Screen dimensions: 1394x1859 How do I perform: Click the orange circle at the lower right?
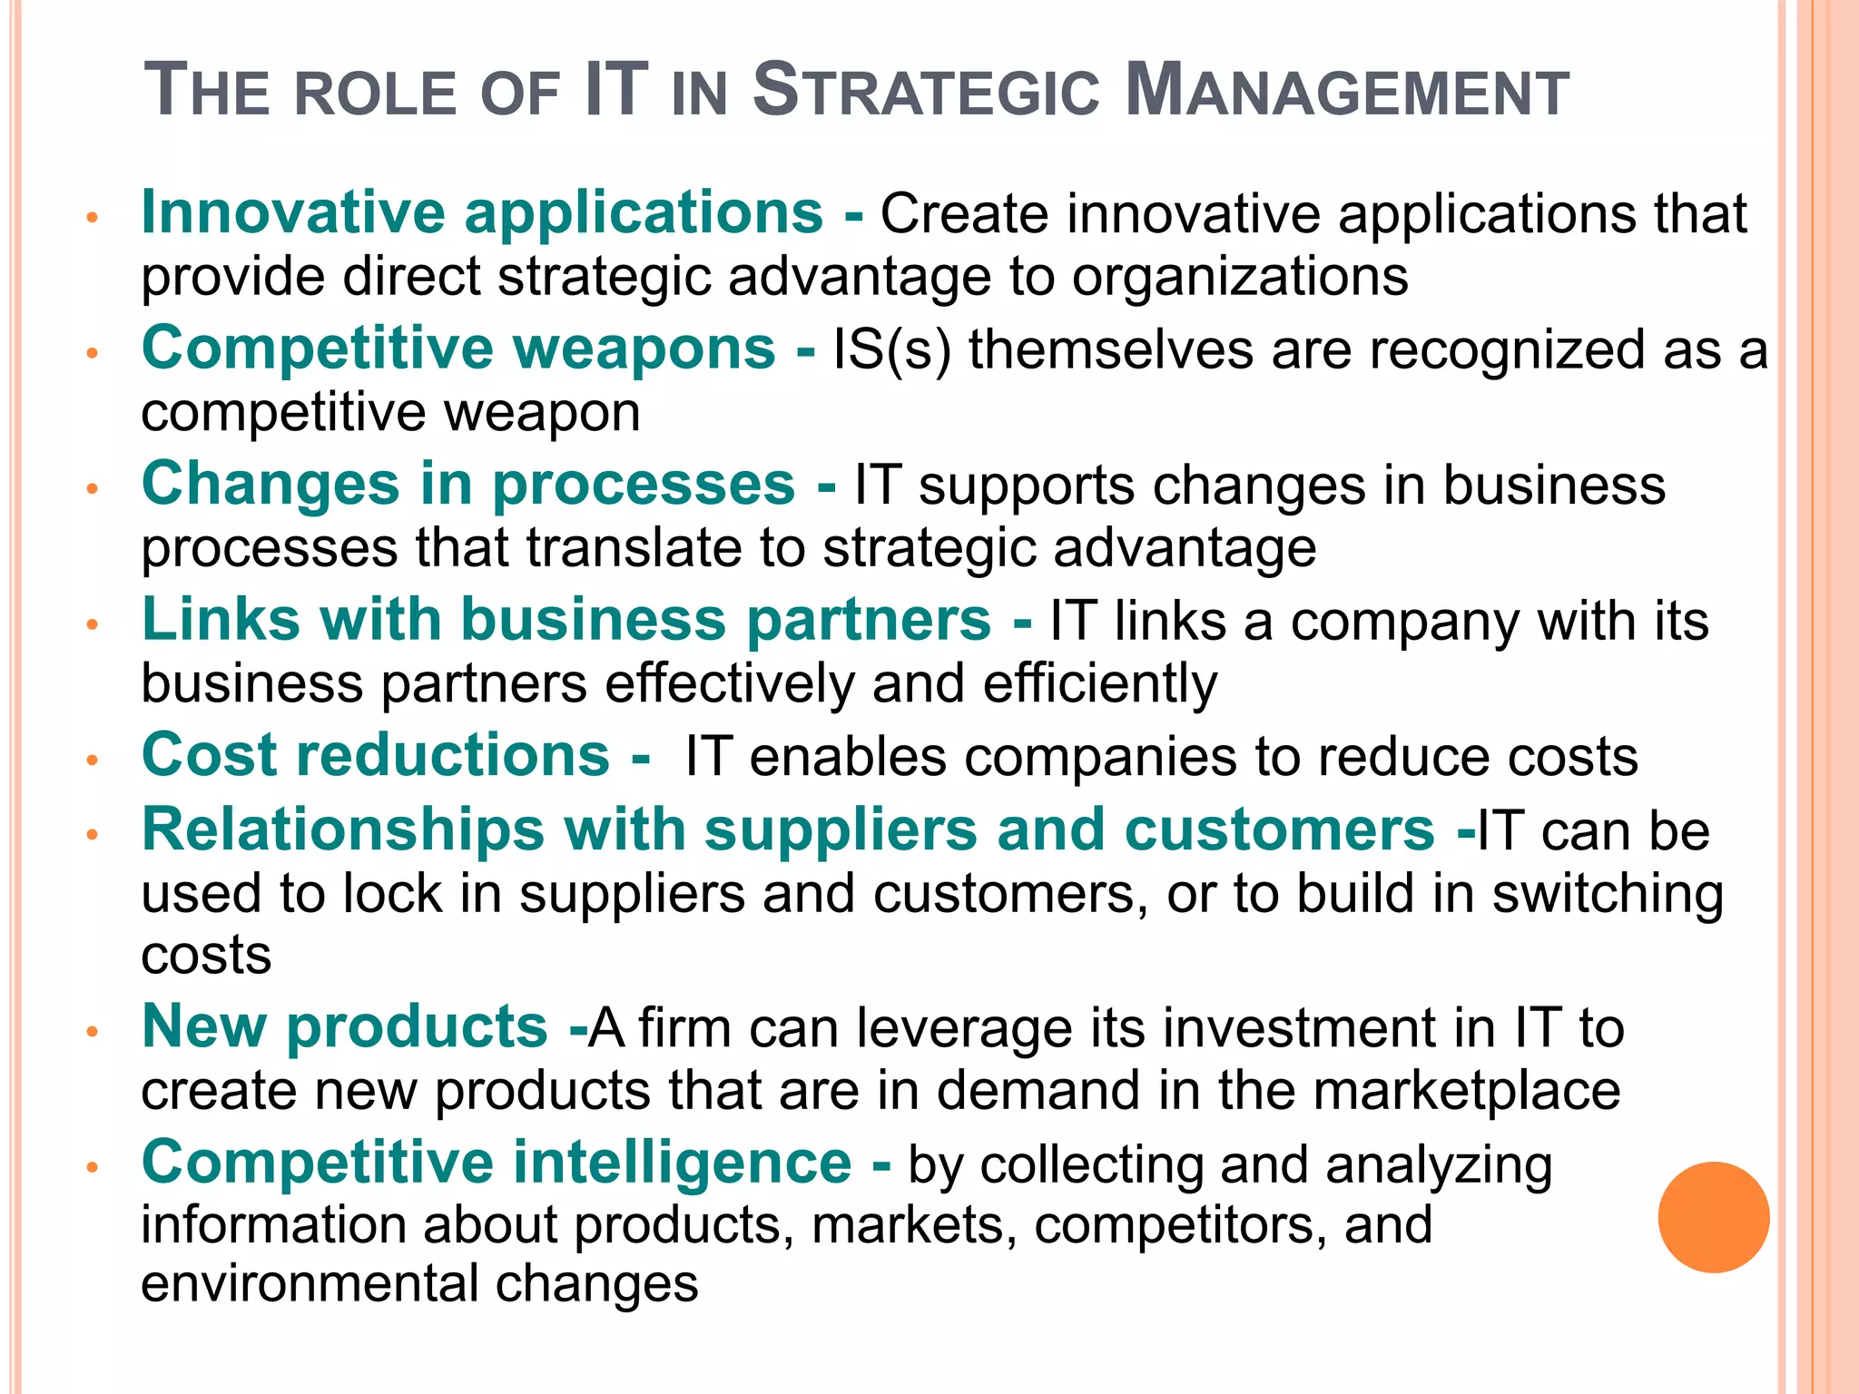click(1713, 1217)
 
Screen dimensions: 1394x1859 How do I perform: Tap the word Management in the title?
click(1346, 91)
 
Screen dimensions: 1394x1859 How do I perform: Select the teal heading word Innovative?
click(293, 212)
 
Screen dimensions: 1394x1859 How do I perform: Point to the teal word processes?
click(644, 486)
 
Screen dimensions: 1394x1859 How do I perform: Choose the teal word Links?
click(221, 620)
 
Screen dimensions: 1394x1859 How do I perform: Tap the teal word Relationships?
click(343, 830)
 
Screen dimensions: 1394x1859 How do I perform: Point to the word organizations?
click(1240, 277)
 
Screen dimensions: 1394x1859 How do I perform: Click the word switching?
click(1608, 895)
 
